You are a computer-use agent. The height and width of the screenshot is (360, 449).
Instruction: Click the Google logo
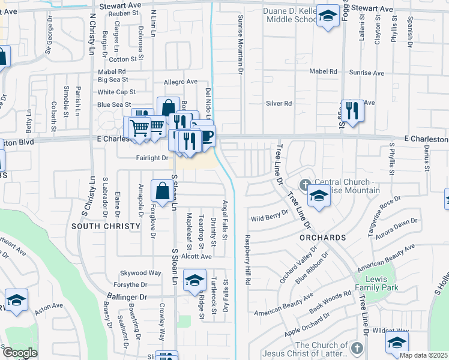(x=19, y=353)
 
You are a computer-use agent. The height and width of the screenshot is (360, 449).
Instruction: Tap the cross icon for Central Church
(x=305, y=183)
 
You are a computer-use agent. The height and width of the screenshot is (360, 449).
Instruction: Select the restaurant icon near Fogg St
(x=352, y=110)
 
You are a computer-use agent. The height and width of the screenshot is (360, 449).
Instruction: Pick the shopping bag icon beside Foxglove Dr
(x=162, y=191)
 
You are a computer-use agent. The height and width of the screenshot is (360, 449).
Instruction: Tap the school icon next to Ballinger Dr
(x=194, y=281)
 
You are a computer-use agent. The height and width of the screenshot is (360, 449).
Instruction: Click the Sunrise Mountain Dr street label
(x=240, y=41)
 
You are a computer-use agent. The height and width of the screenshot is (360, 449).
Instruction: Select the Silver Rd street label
(x=279, y=103)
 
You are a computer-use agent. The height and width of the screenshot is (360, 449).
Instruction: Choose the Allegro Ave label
(x=180, y=82)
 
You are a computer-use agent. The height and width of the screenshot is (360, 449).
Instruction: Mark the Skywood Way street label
(x=140, y=272)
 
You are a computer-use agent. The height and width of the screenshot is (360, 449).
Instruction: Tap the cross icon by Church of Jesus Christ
(x=357, y=349)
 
